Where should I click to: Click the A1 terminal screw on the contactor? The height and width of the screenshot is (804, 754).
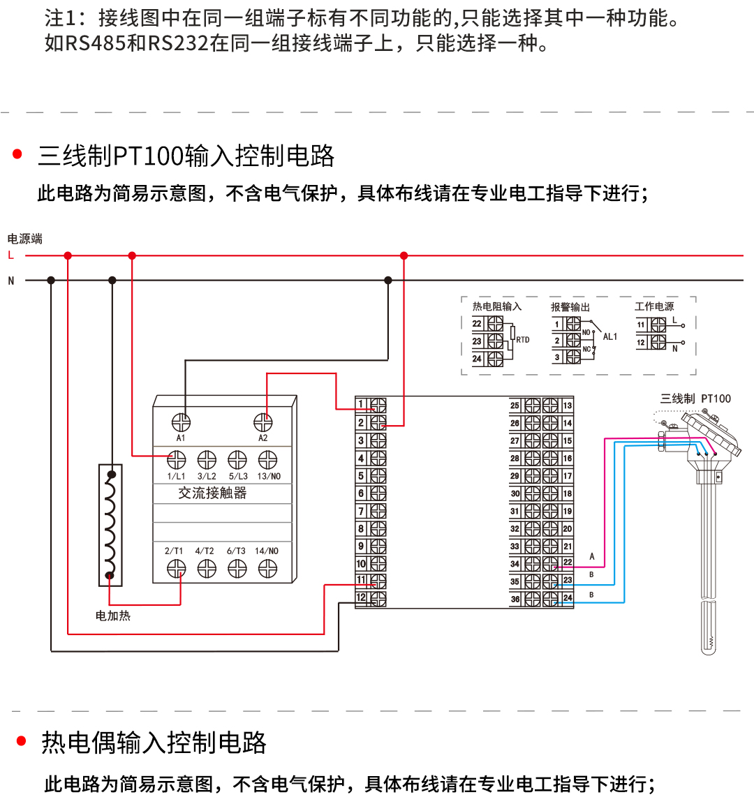pyautogui.click(x=181, y=422)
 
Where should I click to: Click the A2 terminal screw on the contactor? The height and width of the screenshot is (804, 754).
pyautogui.click(x=263, y=422)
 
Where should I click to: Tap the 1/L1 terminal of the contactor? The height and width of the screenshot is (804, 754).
pyautogui.click(x=176, y=460)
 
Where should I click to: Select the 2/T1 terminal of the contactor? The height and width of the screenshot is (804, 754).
pyautogui.click(x=176, y=569)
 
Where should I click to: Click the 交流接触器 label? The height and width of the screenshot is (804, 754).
pyautogui.click(x=212, y=493)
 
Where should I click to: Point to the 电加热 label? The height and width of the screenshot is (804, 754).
pyautogui.click(x=113, y=616)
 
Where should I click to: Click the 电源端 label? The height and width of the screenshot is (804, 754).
pyautogui.click(x=25, y=239)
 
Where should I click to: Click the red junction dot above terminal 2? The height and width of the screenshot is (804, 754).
pyautogui.click(x=404, y=256)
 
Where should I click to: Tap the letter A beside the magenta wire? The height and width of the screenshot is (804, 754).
pyautogui.click(x=592, y=556)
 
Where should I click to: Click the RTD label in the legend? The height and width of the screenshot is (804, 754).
pyautogui.click(x=523, y=340)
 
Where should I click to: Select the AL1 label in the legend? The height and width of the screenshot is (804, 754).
pyautogui.click(x=610, y=336)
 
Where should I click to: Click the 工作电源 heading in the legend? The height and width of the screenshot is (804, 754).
pyautogui.click(x=654, y=306)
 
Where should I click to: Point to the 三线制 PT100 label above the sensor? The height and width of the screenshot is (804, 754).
pyautogui.click(x=695, y=399)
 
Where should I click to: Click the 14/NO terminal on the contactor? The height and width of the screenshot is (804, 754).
pyautogui.click(x=267, y=569)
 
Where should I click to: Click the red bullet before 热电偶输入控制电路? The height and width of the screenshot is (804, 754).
pyautogui.click(x=21, y=741)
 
